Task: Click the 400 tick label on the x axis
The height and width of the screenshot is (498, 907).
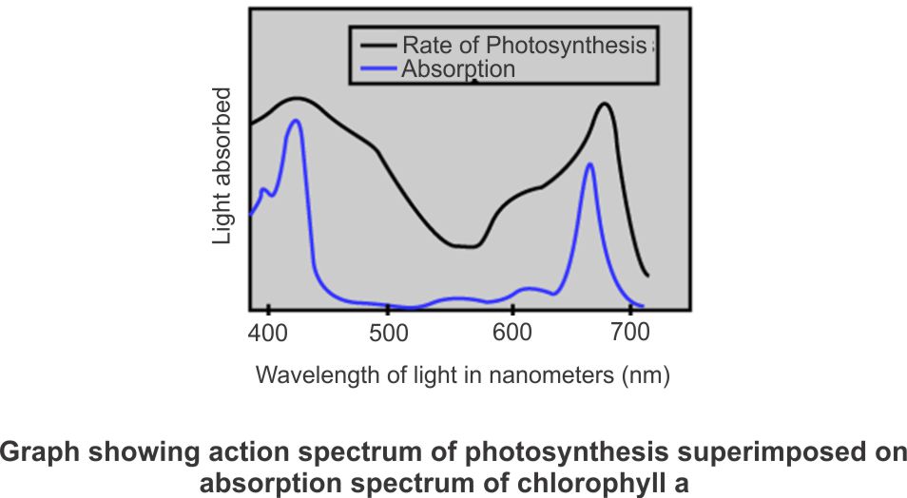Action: [x=269, y=334]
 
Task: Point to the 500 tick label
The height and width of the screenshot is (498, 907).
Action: [x=388, y=334]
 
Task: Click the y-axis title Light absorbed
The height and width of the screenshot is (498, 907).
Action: [x=222, y=166]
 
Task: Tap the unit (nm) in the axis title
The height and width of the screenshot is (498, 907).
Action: [x=646, y=375]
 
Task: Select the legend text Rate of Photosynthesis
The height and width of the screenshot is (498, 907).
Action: [x=524, y=46]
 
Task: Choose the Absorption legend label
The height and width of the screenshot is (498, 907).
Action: [x=458, y=69]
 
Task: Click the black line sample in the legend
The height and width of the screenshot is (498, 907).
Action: [x=377, y=46]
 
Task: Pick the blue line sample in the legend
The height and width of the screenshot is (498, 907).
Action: [x=377, y=69]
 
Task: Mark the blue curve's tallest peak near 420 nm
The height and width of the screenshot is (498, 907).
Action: [x=297, y=121]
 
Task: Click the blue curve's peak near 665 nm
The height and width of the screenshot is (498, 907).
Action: [x=590, y=164]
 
